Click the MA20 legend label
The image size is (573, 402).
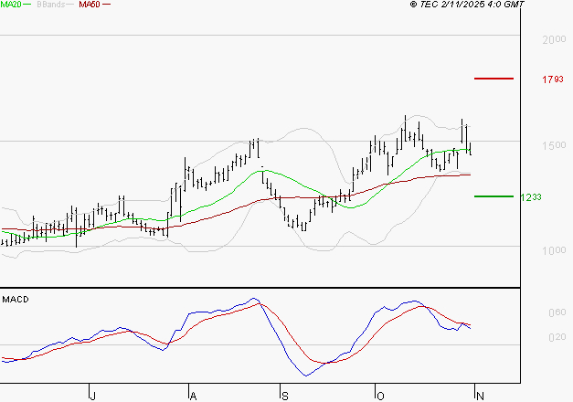[10, 5]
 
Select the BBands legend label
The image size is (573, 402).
[51, 5]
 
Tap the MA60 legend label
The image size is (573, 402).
[90, 5]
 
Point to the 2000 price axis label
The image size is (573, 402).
[553, 40]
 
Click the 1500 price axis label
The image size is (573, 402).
[553, 145]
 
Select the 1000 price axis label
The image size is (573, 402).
[553, 250]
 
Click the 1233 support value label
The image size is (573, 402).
[530, 196]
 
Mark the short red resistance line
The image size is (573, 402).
[493, 79]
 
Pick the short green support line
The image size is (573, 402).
[493, 196]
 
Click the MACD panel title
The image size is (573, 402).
[15, 299]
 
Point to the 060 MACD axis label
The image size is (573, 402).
[556, 312]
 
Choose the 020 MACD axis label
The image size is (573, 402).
[556, 338]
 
